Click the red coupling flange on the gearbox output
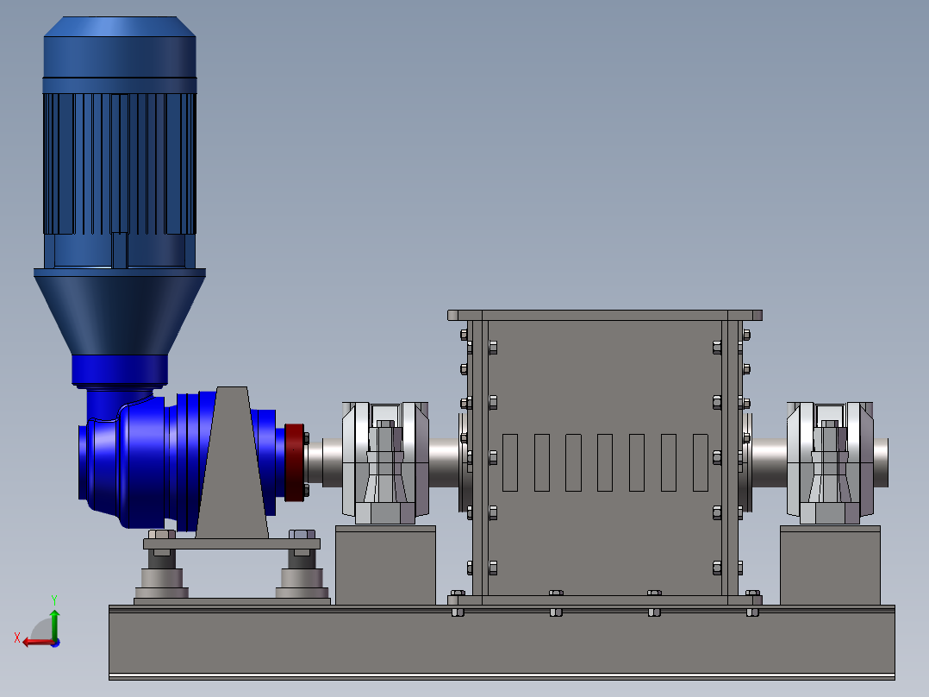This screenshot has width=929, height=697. (x=295, y=462)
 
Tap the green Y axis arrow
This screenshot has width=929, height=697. (x=54, y=624)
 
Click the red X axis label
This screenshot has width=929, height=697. (x=17, y=637)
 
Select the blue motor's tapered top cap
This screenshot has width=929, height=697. (x=120, y=27)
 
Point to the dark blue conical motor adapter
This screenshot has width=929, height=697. (x=120, y=312)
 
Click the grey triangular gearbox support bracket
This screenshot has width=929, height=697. (x=232, y=462)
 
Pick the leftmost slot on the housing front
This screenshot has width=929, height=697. (x=510, y=462)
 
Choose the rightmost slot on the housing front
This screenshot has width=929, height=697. (x=701, y=462)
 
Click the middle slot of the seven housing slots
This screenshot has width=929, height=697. (x=605, y=462)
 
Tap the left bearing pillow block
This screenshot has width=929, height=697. (x=385, y=462)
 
